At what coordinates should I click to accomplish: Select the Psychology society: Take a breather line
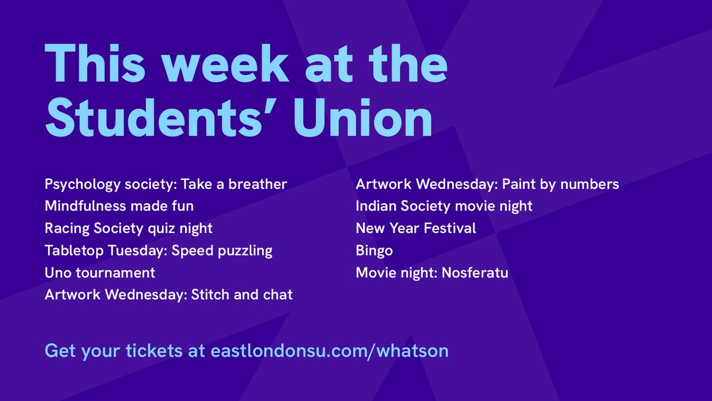pyautogui.click(x=166, y=184)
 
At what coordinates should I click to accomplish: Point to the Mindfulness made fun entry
pyautogui.click(x=119, y=206)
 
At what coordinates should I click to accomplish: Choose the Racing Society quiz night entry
pyautogui.click(x=128, y=228)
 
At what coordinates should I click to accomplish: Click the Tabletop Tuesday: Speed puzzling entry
pyautogui.click(x=158, y=251)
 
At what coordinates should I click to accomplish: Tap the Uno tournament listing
pyautogui.click(x=100, y=273)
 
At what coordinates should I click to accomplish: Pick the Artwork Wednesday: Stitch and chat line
pyautogui.click(x=169, y=295)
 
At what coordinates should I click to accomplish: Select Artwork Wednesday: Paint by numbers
pyautogui.click(x=487, y=184)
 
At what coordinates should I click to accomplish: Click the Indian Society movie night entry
pyautogui.click(x=444, y=206)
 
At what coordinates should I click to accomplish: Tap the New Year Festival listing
pyautogui.click(x=416, y=228)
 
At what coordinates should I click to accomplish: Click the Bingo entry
pyautogui.click(x=374, y=251)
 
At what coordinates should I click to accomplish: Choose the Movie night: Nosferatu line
pyautogui.click(x=432, y=273)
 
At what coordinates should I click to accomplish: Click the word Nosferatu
pyautogui.click(x=475, y=273)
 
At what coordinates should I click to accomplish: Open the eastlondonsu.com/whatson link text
pyautogui.click(x=329, y=351)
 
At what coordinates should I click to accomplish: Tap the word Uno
pyautogui.click(x=58, y=273)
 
